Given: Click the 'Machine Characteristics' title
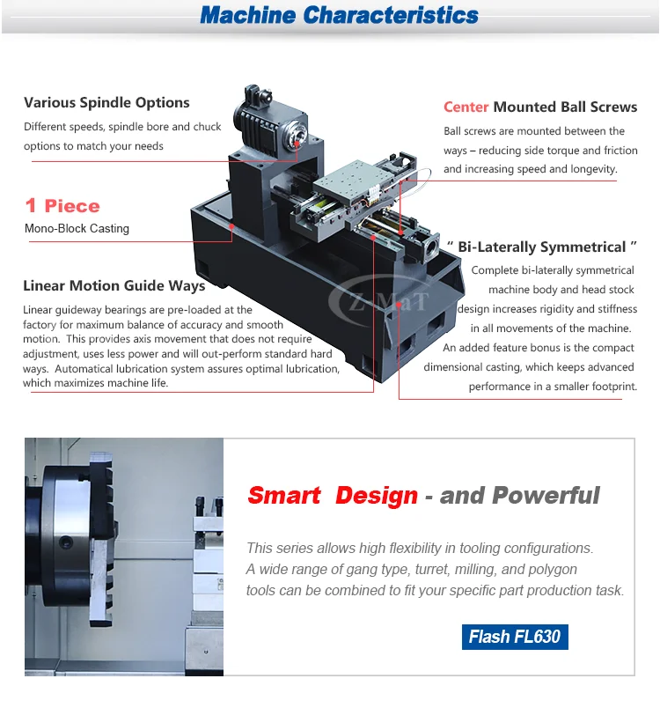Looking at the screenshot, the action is tap(339, 15).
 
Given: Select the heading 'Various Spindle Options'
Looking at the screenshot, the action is tap(106, 103).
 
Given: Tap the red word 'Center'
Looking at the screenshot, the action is tap(466, 107).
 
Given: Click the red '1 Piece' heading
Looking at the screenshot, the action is tap(62, 206).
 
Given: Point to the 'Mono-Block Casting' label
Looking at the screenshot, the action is tap(77, 229).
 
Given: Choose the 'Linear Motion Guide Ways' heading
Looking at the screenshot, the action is tap(114, 286).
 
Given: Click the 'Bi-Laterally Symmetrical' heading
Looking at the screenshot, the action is tap(542, 247).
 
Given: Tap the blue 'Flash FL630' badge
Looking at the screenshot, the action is tap(515, 636).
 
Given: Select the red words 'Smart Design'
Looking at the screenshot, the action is tap(333, 495).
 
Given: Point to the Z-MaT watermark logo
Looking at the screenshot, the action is tap(378, 300).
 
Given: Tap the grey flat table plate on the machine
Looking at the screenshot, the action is tap(350, 181).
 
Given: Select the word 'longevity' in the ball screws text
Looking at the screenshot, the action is tap(589, 169).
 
